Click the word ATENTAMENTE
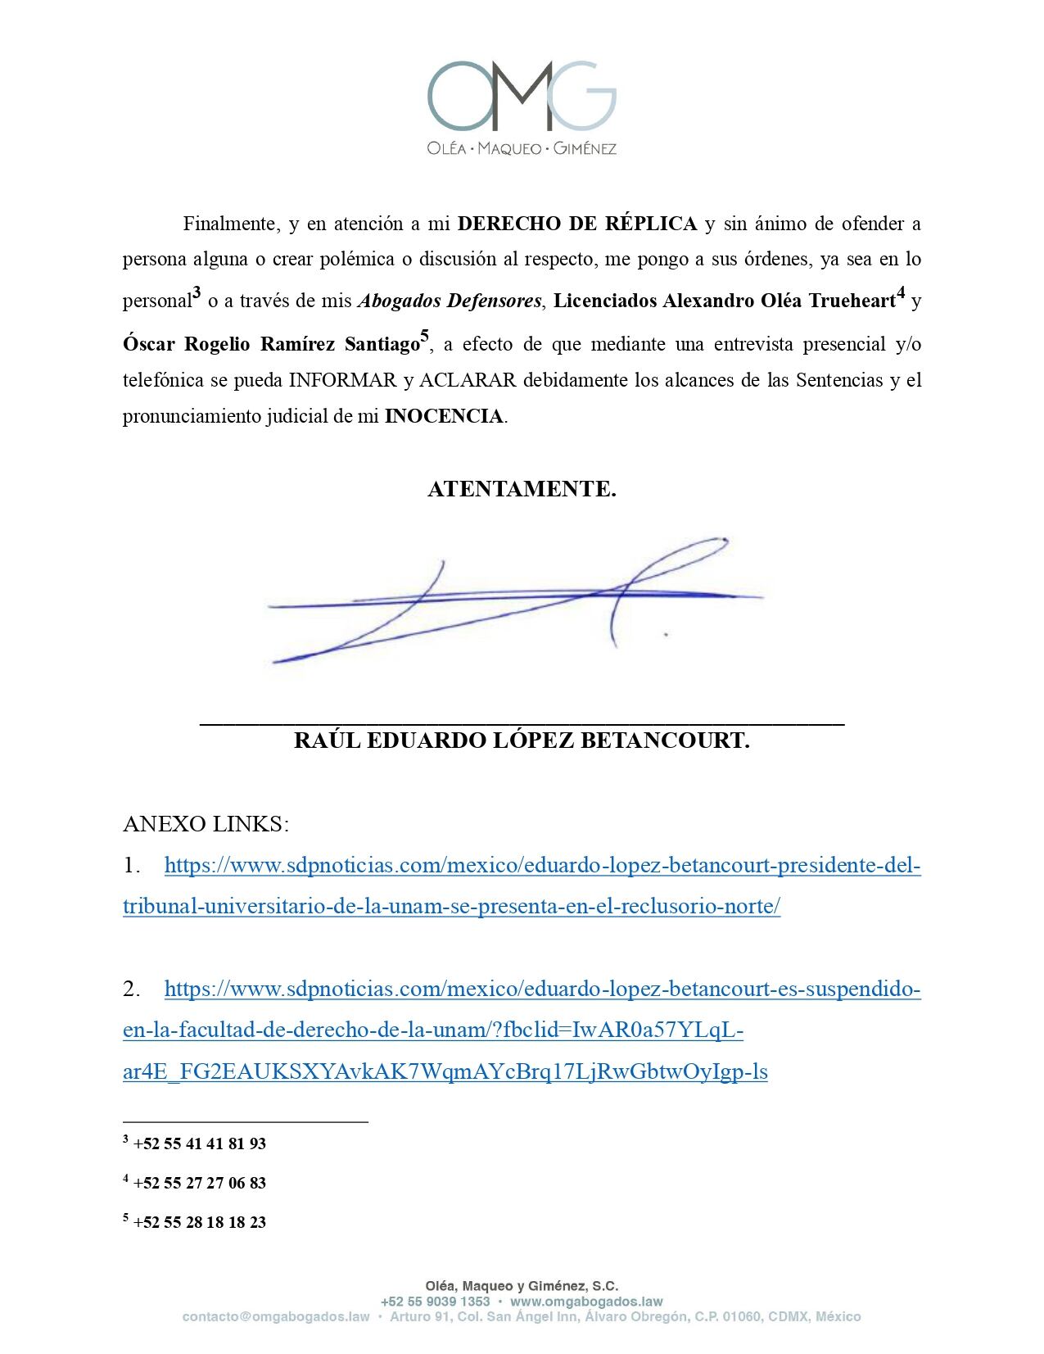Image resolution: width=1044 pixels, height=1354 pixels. [522, 489]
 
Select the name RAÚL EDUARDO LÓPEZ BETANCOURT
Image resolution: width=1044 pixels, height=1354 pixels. [522, 740]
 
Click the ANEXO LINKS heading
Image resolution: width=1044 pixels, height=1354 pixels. [206, 824]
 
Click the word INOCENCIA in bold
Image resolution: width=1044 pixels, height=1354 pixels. [444, 416]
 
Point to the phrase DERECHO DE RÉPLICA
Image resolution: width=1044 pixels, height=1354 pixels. [577, 224]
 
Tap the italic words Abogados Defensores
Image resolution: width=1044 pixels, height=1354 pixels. [450, 301]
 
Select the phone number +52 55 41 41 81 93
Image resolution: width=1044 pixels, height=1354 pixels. [199, 1143]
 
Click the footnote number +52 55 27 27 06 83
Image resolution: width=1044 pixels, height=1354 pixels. [199, 1183]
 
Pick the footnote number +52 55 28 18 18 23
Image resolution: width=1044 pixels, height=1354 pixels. [199, 1222]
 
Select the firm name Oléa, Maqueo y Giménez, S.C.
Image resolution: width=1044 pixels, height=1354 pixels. [522, 1286]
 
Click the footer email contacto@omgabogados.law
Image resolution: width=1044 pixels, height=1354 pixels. [276, 1317]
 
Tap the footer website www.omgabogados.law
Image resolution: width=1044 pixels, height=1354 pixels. [586, 1302]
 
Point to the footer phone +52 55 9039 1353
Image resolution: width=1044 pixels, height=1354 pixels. [435, 1302]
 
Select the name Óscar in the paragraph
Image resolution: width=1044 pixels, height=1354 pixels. [148, 344]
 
